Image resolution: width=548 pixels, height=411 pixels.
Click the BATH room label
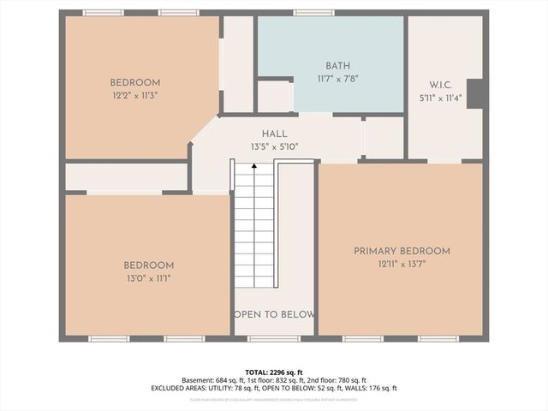pos(338,66)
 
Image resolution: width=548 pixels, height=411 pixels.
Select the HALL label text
pos(274,134)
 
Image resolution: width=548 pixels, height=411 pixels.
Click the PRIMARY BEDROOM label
pos(402,251)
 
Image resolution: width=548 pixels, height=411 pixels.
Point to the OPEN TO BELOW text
pos(274,314)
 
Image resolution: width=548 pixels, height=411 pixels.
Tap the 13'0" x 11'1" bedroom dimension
pos(148,278)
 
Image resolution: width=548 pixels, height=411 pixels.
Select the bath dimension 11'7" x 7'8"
pos(338,78)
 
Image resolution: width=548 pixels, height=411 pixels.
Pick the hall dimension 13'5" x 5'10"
pos(274,146)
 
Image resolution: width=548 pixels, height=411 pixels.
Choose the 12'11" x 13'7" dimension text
pos(402,264)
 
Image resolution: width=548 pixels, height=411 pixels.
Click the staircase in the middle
pos(254,224)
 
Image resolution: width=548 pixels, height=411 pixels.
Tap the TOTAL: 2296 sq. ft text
pos(274,372)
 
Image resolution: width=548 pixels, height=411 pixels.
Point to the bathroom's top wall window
pos(313,13)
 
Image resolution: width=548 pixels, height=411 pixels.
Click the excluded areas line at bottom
pos(274,388)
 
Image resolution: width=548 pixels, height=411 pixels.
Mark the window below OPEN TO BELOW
pos(274,339)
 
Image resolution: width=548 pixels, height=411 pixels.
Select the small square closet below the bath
pos(274,96)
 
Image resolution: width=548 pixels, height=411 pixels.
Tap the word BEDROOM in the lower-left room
pos(148,265)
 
